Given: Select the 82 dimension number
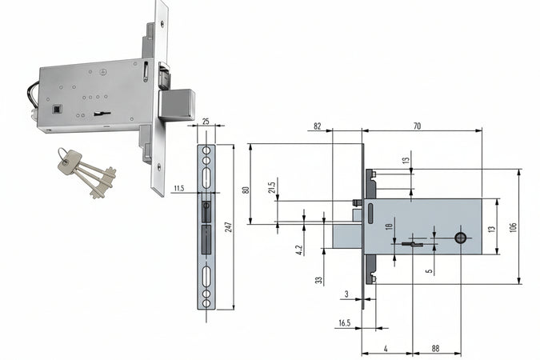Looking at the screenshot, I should [318, 127].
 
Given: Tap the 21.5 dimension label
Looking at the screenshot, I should [273, 187].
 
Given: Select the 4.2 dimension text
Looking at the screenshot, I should [298, 249].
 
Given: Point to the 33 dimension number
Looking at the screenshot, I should [318, 281].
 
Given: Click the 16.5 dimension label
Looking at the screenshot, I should [344, 322].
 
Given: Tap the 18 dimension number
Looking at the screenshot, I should [390, 228].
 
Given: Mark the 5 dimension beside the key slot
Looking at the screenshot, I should [430, 270].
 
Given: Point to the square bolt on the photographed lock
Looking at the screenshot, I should [178, 103].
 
